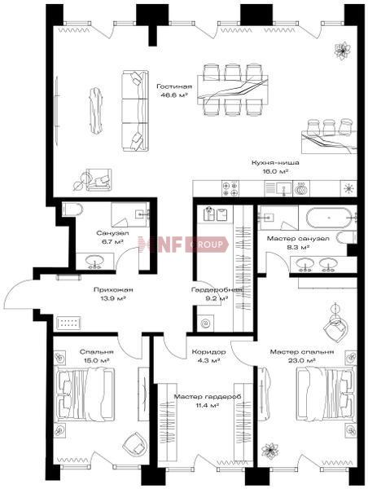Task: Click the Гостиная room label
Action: click(x=174, y=86)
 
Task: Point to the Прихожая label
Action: click(x=113, y=289)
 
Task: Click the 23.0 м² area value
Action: click(x=301, y=360)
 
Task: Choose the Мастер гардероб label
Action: click(x=208, y=397)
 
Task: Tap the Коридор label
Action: click(x=208, y=352)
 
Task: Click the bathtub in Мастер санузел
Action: click(x=329, y=217)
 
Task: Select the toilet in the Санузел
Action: click(x=72, y=209)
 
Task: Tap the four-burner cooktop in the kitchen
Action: click(x=230, y=189)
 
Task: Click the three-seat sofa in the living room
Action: click(x=134, y=111)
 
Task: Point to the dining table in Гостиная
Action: click(x=233, y=90)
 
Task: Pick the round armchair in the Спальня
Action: click(x=134, y=444)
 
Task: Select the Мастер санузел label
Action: click(x=298, y=239)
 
